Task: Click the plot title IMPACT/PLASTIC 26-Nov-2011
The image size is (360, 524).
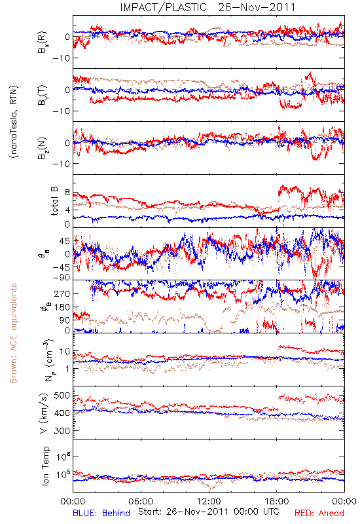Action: (x=207, y=7)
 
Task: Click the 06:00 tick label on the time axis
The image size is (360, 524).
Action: (x=141, y=501)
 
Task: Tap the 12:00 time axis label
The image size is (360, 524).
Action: (x=209, y=501)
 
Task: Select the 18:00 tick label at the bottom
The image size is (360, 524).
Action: (x=277, y=501)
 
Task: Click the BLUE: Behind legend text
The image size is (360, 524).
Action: (x=101, y=513)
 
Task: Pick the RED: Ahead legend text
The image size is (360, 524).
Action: (x=319, y=513)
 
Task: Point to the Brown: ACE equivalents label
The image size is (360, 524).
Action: (x=13, y=333)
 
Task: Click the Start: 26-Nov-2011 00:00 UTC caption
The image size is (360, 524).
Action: (x=208, y=512)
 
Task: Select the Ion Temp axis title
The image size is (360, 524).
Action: (x=46, y=466)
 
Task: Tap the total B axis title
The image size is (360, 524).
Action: (x=54, y=201)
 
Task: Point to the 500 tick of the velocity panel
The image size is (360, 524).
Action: (x=62, y=396)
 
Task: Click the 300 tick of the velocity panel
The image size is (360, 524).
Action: (x=62, y=430)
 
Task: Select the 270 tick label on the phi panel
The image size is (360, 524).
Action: (x=62, y=293)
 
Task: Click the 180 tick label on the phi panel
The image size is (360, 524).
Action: (x=62, y=307)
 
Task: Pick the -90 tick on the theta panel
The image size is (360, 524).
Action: (x=61, y=278)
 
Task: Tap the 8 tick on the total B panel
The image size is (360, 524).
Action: (x=67, y=193)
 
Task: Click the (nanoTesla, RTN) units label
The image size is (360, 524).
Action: (x=14, y=122)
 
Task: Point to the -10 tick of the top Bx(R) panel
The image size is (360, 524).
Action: (x=61, y=58)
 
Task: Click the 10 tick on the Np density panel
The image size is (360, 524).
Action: (x=65, y=352)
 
